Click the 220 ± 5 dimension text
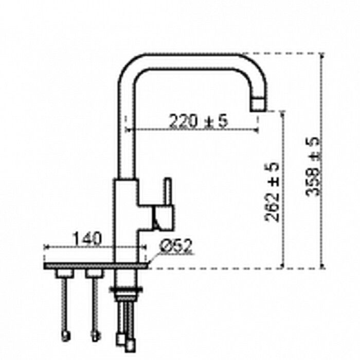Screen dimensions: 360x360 click(x=198, y=121)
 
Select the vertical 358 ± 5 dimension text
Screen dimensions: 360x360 click(x=312, y=167)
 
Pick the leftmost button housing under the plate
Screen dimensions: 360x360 click(x=65, y=273)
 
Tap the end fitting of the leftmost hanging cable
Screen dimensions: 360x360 click(x=65, y=336)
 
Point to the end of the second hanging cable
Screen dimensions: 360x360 click(x=95, y=336)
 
